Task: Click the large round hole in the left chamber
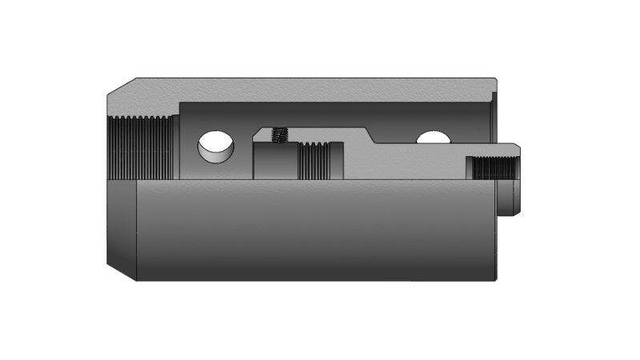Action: coord(216,146)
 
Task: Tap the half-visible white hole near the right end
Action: coord(433,138)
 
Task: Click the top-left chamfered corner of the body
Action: coord(121,86)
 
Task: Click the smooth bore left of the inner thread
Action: coord(275,160)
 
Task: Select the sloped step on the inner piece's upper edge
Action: coord(370,135)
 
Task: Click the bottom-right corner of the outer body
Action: coord(495,279)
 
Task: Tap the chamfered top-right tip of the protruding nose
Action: coord(518,147)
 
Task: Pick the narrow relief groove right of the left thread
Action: coord(175,147)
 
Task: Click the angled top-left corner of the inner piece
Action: coord(258,131)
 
